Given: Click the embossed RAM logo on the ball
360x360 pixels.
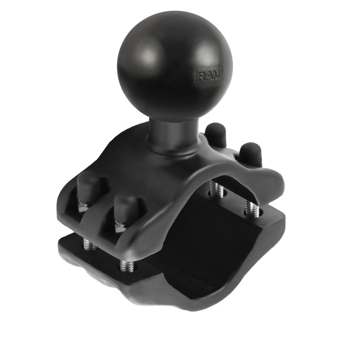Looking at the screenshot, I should pyautogui.click(x=209, y=76).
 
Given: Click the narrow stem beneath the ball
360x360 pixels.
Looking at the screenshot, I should pyautogui.click(x=172, y=133).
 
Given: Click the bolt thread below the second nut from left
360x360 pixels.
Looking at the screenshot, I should pyautogui.click(x=125, y=265).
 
